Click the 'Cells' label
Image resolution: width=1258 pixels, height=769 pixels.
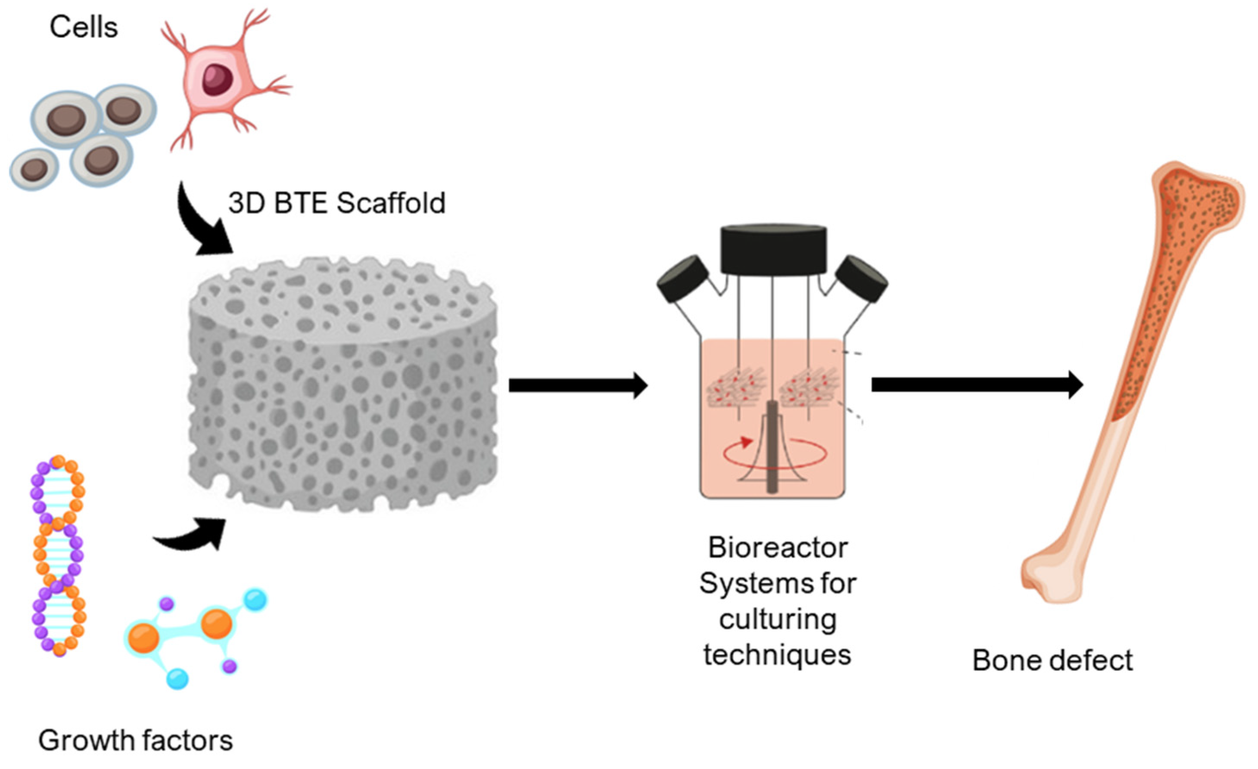coord(84,27)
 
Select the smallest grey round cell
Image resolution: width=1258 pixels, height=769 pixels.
coord(34,169)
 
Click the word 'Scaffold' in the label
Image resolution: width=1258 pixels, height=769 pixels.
coord(391,203)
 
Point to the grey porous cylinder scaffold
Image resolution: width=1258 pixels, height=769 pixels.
coord(342,388)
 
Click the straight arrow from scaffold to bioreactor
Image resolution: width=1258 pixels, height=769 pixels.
coord(577,385)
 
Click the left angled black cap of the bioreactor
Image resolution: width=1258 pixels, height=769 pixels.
coord(682,279)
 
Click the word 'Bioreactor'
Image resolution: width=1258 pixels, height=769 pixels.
coord(778,548)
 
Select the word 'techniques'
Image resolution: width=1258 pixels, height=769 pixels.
coord(778,655)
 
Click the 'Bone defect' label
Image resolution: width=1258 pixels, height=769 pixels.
coord(1052,661)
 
